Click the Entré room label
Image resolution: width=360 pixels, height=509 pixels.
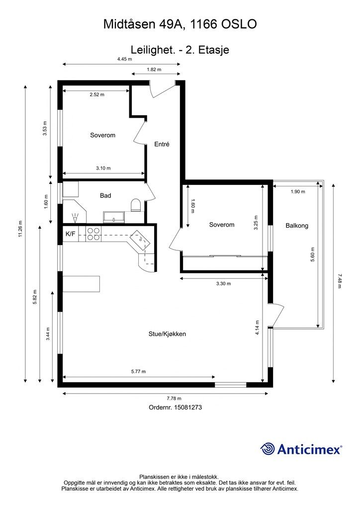tap(162, 144)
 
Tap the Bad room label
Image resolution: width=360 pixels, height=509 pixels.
tap(105, 195)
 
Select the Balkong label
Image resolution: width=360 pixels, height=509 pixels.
tap(297, 225)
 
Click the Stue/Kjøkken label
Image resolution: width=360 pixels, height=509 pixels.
tap(167, 334)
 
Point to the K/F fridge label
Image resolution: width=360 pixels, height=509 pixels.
tap(71, 234)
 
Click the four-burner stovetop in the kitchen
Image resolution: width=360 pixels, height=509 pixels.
tap(93, 234)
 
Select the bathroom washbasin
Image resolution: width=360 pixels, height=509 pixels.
tap(114, 217)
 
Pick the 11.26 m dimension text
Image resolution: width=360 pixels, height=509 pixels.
tap(20, 229)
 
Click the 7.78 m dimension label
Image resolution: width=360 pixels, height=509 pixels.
tap(174, 398)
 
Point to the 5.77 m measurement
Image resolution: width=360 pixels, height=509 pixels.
tap(138, 371)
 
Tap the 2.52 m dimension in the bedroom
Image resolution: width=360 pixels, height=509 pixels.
tap(97, 94)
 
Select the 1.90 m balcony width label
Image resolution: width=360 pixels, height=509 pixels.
tap(298, 191)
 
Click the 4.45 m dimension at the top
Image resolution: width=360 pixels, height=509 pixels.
tap(125, 59)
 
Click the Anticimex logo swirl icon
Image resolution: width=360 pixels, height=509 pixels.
tap(268, 449)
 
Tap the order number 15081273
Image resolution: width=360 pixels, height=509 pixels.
tap(188, 407)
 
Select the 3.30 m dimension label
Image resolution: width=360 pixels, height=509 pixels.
tap(224, 283)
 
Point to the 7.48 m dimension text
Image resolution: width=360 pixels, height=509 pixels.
tap(340, 281)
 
